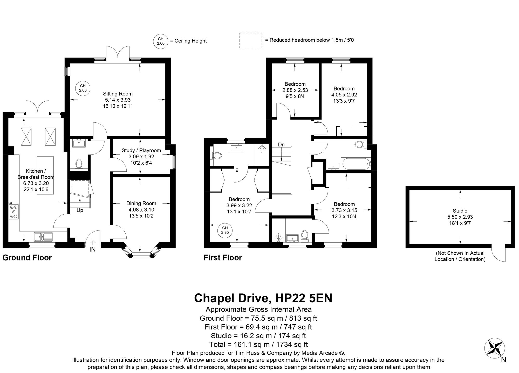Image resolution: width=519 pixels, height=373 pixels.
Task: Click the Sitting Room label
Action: coord(118,94)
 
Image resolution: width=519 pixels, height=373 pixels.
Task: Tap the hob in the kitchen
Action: coord(14,212)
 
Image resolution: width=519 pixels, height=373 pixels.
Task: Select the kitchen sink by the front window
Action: coord(43,236)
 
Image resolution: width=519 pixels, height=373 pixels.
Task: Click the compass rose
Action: coord(495,348)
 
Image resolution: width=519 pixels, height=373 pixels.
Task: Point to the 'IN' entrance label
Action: coord(93,250)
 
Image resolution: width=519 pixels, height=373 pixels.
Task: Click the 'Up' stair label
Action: coord(80,210)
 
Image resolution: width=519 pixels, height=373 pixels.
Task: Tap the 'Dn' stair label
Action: coord(281,145)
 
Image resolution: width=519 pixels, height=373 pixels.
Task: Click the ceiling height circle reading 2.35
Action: coord(225,230)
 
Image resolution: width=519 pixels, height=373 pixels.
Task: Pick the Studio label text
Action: coord(460,211)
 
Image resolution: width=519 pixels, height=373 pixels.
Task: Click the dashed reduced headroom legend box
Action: coord(251,40)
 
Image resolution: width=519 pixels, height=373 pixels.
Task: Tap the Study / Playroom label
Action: coord(141,151)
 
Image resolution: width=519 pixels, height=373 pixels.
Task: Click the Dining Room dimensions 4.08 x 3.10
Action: coord(141,210)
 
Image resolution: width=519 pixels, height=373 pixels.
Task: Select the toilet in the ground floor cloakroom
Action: coord(79,164)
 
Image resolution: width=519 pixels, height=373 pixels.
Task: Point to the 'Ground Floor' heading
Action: coord(27,258)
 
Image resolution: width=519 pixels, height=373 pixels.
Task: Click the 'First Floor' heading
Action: coord(223,258)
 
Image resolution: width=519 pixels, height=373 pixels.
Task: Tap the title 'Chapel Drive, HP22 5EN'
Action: coord(263,298)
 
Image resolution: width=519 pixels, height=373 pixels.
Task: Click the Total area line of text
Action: coord(258,344)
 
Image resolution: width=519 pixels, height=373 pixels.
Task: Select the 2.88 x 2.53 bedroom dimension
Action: coord(295,90)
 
